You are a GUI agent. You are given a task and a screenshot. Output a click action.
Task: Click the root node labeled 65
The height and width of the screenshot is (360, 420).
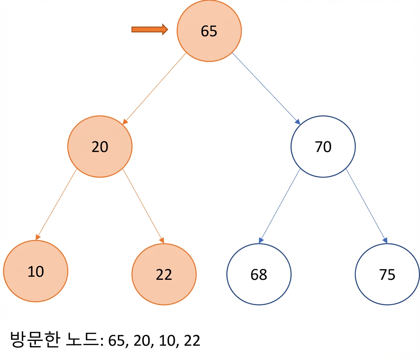click(209, 31)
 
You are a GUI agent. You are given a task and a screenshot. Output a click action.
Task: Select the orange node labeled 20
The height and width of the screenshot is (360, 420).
click(100, 147)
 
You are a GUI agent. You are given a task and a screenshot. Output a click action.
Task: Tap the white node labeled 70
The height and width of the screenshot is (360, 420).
click(323, 147)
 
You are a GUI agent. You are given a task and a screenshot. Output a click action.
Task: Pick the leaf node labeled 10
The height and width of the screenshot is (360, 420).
click(36, 271)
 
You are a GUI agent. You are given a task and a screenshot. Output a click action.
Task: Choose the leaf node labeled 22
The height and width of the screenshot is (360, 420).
click(164, 274)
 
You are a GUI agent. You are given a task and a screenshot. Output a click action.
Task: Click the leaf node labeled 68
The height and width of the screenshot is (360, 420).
click(259, 274)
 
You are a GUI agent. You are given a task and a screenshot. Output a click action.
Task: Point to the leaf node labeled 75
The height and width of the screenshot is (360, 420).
click(387, 274)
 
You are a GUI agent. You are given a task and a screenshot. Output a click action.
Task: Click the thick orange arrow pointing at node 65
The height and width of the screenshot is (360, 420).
click(150, 29)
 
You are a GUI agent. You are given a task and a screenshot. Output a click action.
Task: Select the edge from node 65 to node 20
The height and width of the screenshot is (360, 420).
click(154, 88)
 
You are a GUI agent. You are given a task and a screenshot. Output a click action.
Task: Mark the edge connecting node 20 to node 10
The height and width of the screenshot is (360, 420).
click(56, 204)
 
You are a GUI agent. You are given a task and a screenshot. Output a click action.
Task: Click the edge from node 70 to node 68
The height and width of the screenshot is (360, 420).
click(279, 206)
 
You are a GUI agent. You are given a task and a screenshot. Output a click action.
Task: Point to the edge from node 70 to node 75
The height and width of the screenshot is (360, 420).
click(367, 206)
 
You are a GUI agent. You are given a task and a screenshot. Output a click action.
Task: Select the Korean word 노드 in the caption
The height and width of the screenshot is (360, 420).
click(82, 339)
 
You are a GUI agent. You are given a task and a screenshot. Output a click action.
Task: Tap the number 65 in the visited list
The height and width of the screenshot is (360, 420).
click(117, 340)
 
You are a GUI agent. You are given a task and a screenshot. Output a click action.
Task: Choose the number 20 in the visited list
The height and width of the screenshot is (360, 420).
click(142, 340)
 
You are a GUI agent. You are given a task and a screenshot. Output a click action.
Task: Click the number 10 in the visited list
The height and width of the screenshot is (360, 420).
click(167, 340)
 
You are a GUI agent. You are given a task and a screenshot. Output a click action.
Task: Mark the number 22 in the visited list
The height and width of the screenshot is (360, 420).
click(192, 340)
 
